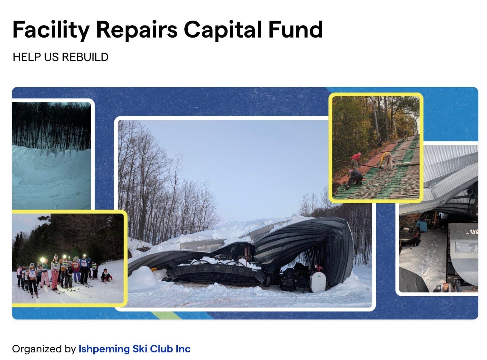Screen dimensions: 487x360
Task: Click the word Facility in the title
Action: pos(51,30)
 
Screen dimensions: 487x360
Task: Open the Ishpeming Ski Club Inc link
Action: pos(135,349)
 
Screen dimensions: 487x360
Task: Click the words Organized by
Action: pos(44,349)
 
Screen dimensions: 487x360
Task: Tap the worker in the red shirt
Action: pos(355,161)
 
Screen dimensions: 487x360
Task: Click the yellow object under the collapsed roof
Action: pos(154,269)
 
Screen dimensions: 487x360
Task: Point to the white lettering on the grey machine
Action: pos(473,231)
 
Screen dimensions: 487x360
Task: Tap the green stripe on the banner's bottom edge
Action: pos(166,315)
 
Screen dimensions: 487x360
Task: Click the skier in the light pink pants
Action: pos(45,274)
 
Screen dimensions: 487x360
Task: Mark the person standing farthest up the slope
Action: pos(406,135)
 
